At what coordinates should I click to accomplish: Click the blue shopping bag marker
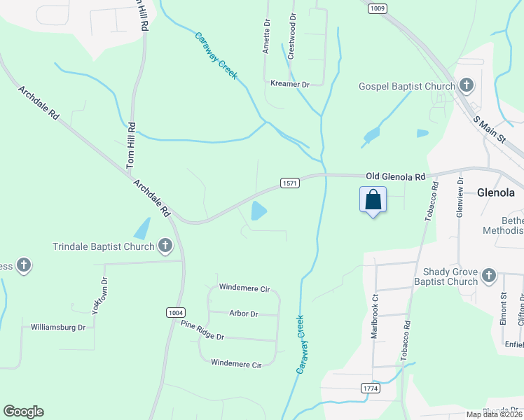[x=373, y=199]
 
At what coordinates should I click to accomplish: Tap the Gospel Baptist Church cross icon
[x=467, y=86]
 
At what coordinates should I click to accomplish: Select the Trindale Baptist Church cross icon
[x=165, y=246]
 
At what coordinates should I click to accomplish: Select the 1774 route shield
[x=371, y=388]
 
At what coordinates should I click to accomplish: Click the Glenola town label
[x=496, y=192]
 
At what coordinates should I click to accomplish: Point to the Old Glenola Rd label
[x=396, y=177]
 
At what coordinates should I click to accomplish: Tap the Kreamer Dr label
[x=289, y=84]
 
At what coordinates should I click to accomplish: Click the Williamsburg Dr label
[x=58, y=327]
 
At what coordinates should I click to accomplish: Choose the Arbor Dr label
[x=244, y=314]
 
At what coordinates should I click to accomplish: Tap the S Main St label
[x=489, y=127]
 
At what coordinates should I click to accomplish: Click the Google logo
[x=23, y=412]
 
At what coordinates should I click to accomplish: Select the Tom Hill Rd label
[x=131, y=146]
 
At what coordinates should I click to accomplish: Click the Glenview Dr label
[x=460, y=202]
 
